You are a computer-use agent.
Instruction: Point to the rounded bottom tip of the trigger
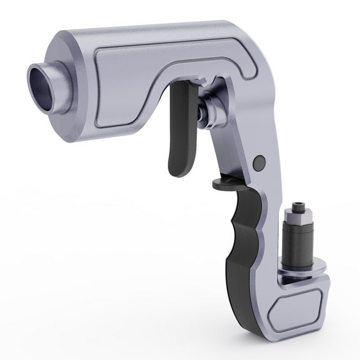tap(178, 168)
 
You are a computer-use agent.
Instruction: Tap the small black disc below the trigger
tap(225, 184)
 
